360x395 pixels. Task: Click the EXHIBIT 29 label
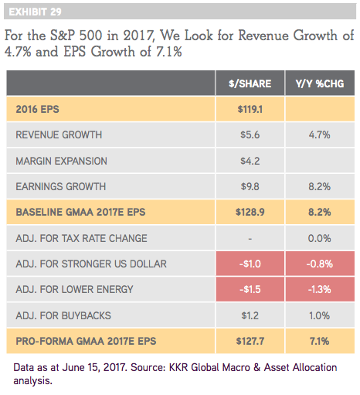coord(35,12)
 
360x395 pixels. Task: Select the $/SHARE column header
coord(250,83)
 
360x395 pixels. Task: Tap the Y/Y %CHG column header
coord(320,83)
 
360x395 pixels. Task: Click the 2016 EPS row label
coord(37,109)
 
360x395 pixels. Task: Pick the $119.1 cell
coord(250,109)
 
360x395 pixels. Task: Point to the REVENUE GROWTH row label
coord(59,135)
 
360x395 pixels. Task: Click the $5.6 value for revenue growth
coord(250,135)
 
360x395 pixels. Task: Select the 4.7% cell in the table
coord(320,135)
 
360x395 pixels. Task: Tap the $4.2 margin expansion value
coord(250,161)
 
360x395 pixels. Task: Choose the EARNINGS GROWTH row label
coord(61,186)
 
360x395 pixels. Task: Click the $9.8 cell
coord(250,186)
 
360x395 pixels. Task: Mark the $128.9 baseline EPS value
coord(250,212)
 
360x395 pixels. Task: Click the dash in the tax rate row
coord(250,239)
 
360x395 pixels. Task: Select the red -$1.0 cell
coord(250,264)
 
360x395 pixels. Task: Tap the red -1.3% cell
coord(320,290)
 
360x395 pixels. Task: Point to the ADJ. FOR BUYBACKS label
coord(63,315)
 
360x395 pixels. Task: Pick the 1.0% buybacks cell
coord(320,315)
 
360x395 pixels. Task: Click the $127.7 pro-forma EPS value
coord(250,341)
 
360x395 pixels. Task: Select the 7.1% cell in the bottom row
coord(320,341)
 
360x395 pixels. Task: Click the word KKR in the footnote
coord(178,367)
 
